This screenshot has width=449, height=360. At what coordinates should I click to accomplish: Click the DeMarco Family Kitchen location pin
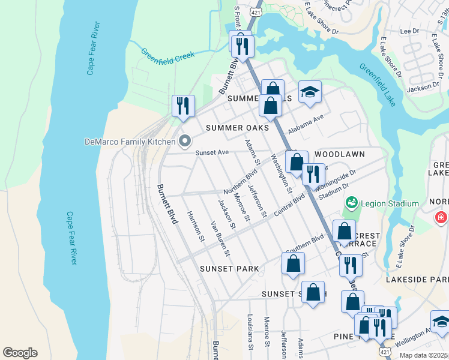[185, 142]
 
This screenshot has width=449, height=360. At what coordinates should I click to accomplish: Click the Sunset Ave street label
[212, 152]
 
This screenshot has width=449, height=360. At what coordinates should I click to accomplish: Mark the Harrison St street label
[196, 227]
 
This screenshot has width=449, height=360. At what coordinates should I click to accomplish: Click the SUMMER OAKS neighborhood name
[237, 128]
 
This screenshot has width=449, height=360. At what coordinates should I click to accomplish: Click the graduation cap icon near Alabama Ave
[310, 92]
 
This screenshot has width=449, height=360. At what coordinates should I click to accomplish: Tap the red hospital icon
[441, 217]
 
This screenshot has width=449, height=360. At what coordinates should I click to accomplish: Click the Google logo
[20, 353]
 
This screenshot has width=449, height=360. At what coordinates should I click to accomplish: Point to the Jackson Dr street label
[423, 88]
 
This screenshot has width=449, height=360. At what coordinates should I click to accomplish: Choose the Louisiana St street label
[250, 333]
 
